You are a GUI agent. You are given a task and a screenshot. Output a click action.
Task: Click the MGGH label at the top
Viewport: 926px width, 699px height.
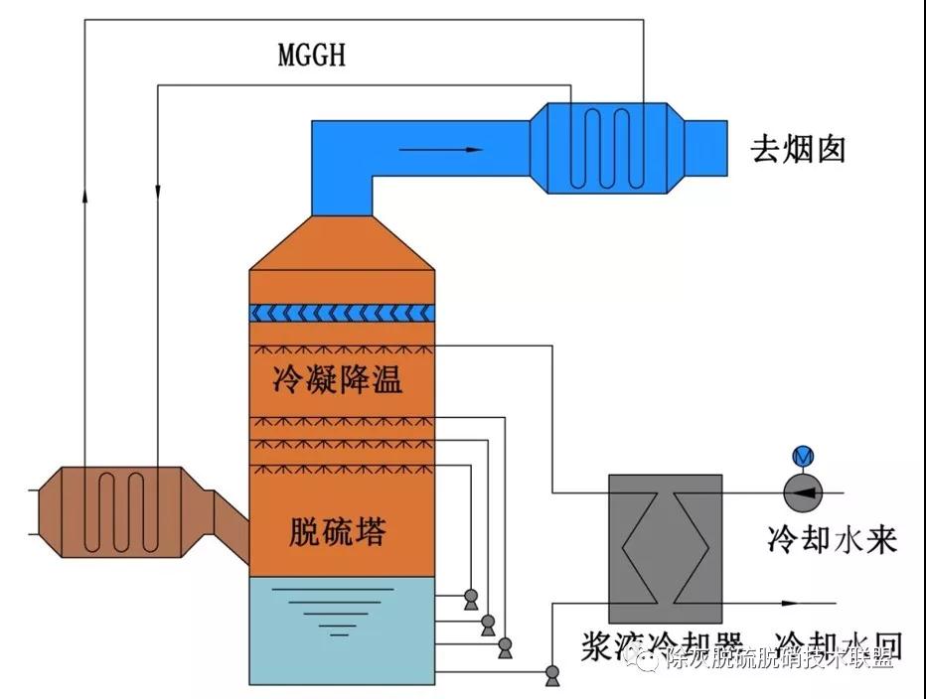311,54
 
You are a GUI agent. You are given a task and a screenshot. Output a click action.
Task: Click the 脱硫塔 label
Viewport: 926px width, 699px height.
338,532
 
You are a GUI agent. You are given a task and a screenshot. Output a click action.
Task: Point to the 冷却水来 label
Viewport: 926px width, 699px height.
833,539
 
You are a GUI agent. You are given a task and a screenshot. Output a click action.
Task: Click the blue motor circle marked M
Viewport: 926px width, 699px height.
801,457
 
